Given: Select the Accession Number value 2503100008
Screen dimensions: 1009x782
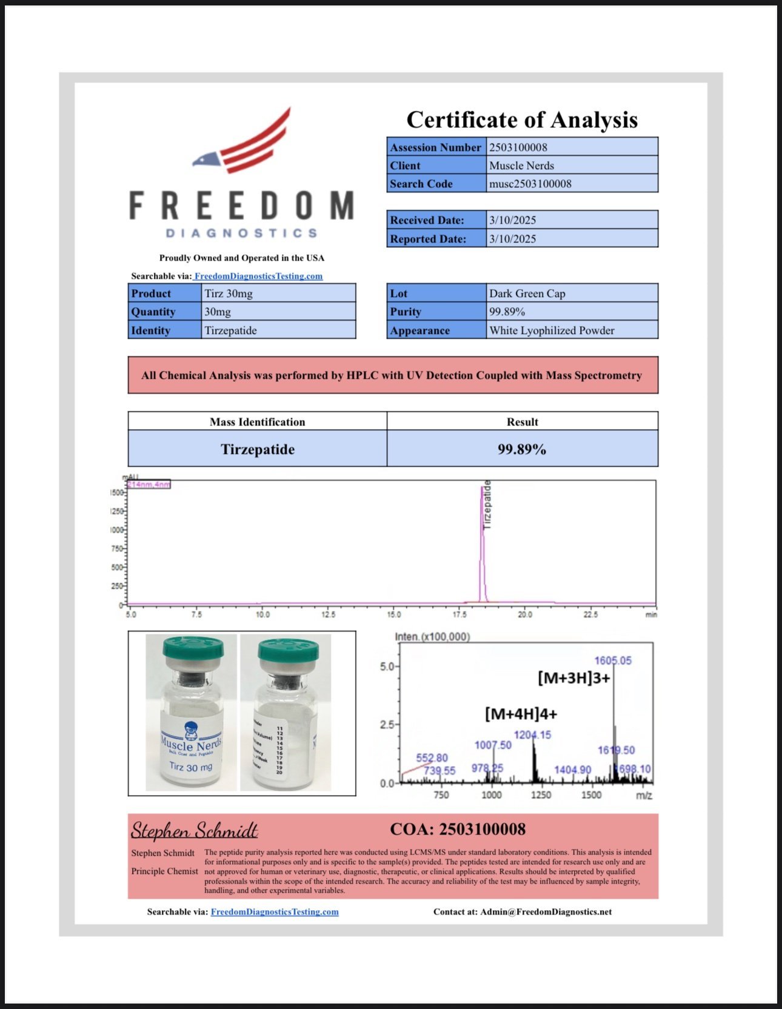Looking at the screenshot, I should tap(518, 147).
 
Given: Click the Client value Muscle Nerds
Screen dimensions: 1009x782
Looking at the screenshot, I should tap(521, 165).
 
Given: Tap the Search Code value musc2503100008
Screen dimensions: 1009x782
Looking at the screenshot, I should tap(530, 184).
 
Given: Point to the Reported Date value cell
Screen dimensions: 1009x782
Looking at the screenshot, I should tap(572, 239).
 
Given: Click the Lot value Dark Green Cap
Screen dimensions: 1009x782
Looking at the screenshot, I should tap(527, 293).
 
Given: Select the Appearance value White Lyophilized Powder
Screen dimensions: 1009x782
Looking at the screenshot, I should tap(552, 330).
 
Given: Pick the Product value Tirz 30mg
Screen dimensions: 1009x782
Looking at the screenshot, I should tap(229, 293).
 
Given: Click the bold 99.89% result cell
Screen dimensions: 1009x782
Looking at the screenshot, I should tap(522, 449).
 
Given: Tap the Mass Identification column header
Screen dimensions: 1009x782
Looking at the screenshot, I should tap(257, 422).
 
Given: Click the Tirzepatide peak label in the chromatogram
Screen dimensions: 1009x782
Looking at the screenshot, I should tap(487, 505).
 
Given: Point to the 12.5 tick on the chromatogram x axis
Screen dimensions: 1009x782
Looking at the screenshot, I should tap(328, 614).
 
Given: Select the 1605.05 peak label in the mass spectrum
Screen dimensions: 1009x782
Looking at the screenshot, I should tap(613, 661).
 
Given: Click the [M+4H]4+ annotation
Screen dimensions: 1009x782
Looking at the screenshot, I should tap(521, 714).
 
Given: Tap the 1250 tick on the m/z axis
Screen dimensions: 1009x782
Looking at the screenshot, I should tap(541, 795).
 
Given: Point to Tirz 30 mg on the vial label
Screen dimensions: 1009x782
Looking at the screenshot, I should tap(190, 767).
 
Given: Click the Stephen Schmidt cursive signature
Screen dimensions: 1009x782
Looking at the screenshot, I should tap(195, 830).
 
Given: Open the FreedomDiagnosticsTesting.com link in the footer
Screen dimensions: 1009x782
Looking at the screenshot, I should tap(275, 911).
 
